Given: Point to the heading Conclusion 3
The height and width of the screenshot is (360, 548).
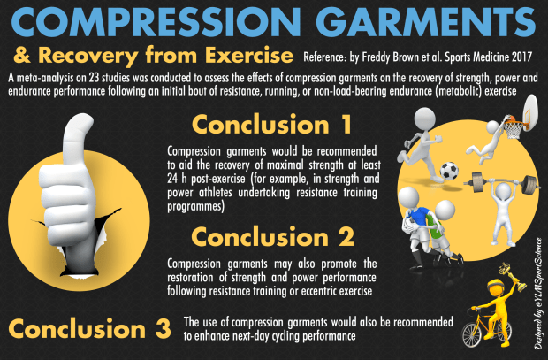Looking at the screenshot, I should [x=88, y=328].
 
